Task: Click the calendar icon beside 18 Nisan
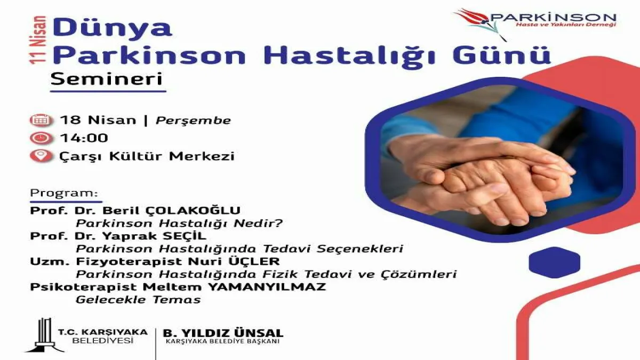[x=41, y=121]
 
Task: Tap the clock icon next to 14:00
[x=41, y=138]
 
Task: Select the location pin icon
[x=41, y=156]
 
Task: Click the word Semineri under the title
[x=107, y=79]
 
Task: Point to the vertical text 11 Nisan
[x=38, y=39]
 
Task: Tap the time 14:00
[x=84, y=138]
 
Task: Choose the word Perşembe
[x=193, y=121]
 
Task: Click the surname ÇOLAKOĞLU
[x=193, y=211]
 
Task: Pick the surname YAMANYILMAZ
[x=267, y=287]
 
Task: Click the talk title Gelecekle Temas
[x=138, y=300]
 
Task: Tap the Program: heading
[x=64, y=193]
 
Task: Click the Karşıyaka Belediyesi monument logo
[x=45, y=335]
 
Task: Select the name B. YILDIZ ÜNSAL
[x=223, y=333]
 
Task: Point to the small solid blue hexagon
[x=554, y=262]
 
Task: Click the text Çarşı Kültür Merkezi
[x=147, y=157]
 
